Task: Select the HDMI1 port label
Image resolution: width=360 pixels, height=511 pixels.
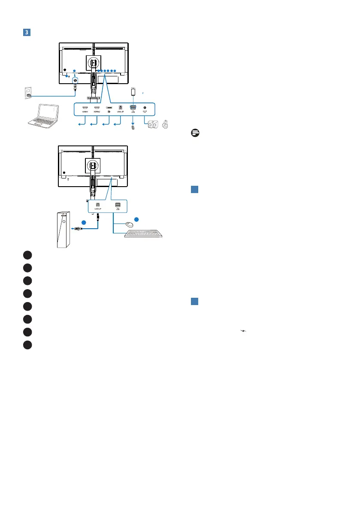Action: [x=85, y=112]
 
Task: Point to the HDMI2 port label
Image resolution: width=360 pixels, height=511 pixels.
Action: [x=97, y=112]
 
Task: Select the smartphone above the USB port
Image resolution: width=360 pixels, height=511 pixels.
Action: [x=133, y=92]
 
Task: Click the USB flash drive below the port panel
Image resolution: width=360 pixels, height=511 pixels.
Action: [x=133, y=127]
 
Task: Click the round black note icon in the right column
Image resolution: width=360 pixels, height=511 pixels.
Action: [x=195, y=133]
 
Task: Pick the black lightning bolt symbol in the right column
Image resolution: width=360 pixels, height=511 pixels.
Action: [x=243, y=331]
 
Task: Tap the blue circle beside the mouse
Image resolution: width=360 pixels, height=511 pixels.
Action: [x=136, y=219]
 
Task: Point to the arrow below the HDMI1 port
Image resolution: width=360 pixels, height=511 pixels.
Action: [x=81, y=125]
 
